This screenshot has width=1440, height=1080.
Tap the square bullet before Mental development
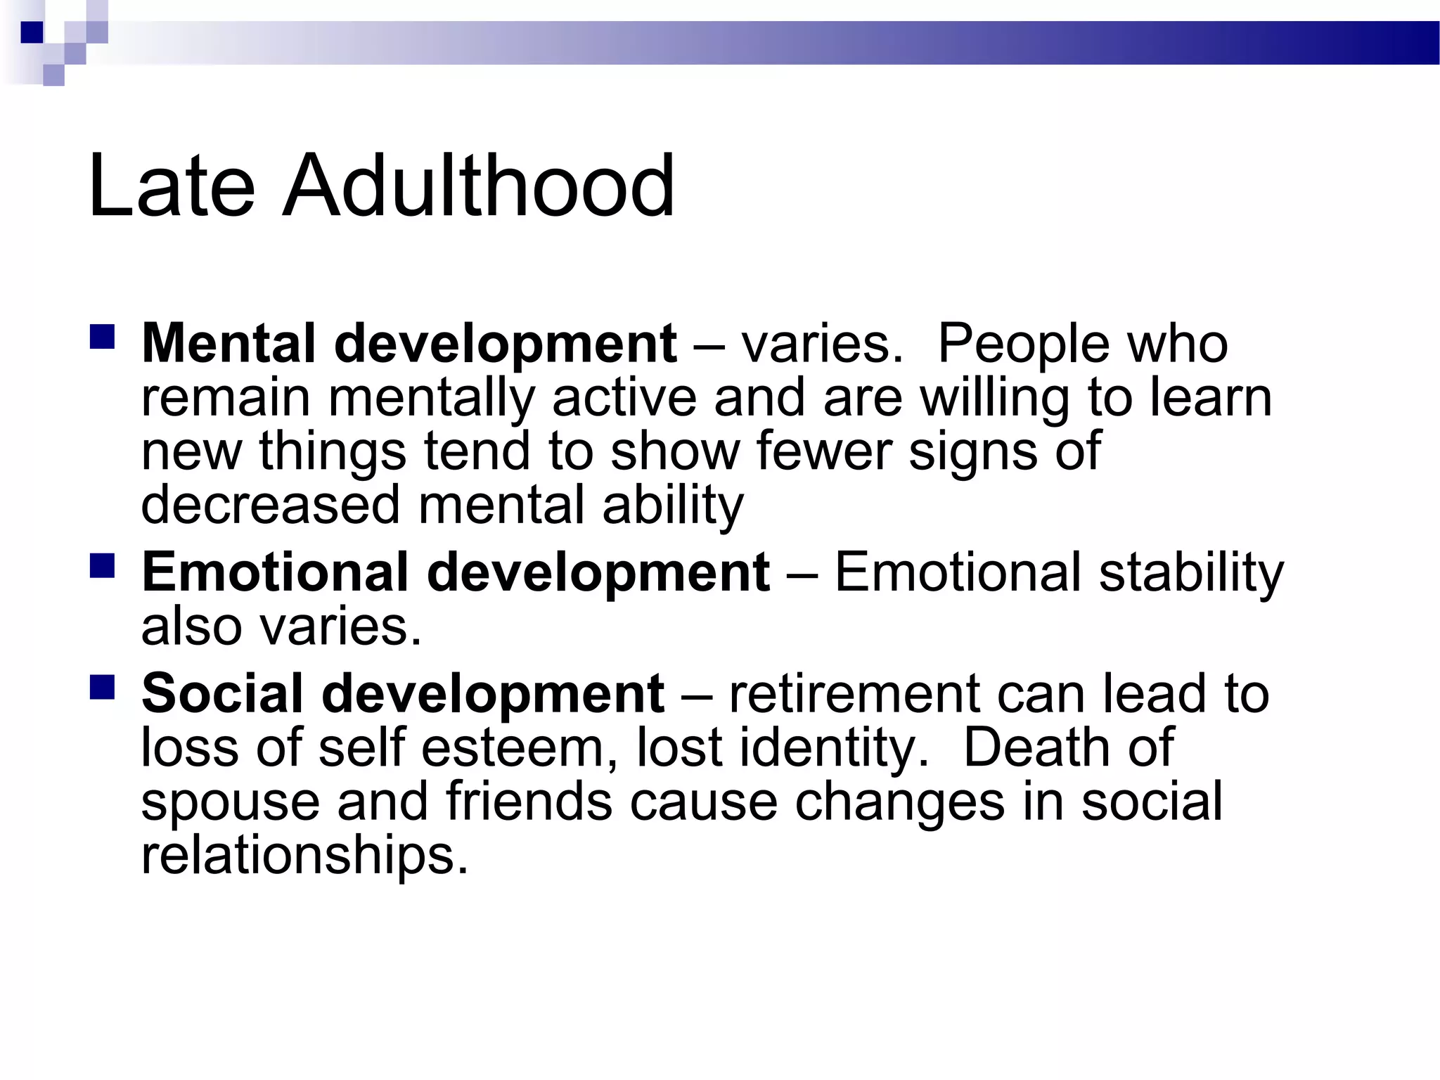click(103, 337)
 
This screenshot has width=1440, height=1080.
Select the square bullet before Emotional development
click(103, 565)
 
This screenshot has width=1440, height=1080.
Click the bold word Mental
click(229, 344)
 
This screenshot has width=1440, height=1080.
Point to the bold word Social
click(223, 693)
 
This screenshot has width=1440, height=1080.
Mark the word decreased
click(270, 504)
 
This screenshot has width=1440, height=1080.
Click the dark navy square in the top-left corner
click(32, 32)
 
